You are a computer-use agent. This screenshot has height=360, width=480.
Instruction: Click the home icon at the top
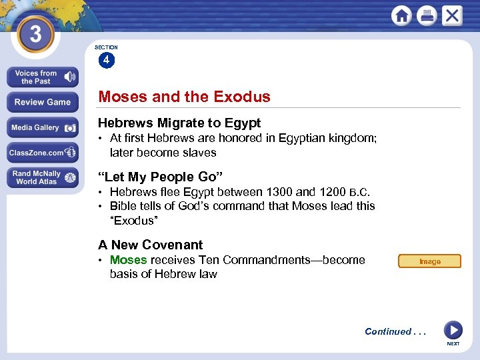(x=402, y=16)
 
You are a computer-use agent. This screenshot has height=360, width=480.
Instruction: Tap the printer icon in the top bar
(x=427, y=16)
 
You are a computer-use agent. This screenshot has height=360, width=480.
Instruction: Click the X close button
(x=452, y=16)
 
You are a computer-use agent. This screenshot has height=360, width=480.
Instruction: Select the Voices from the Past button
(x=42, y=77)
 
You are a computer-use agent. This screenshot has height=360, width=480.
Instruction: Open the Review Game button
(x=42, y=102)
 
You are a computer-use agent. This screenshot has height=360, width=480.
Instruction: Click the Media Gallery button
(x=42, y=127)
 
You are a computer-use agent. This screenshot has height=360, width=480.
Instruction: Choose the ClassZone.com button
(x=42, y=153)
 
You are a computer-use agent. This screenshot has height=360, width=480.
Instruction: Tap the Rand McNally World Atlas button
(x=42, y=177)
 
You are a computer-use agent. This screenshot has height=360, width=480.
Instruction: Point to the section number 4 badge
(x=106, y=61)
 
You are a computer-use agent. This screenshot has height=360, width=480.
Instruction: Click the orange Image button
(x=429, y=261)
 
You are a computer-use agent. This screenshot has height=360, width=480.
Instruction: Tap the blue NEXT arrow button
(x=453, y=330)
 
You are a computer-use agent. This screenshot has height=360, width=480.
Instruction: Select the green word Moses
(x=128, y=260)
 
